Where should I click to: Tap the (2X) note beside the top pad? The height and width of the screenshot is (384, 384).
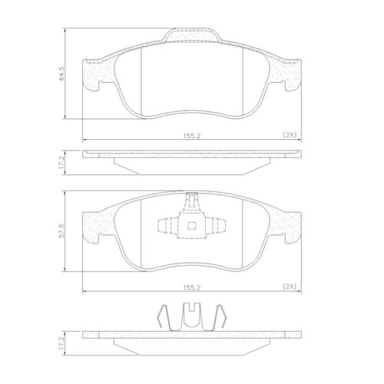coord(290,134)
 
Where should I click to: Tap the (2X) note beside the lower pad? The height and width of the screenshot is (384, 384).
coord(290,286)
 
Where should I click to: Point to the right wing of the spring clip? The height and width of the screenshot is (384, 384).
coord(220,316)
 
